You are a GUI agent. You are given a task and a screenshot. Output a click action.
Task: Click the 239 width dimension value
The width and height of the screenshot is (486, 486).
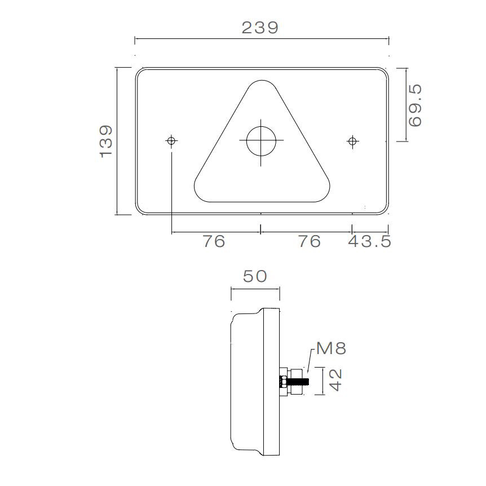(260, 28)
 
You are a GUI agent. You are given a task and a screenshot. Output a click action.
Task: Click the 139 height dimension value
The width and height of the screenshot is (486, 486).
(106, 141)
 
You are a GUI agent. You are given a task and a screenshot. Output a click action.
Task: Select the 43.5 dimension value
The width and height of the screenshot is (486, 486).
(369, 241)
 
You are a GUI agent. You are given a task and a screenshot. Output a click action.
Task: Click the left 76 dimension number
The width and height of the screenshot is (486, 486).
(214, 241)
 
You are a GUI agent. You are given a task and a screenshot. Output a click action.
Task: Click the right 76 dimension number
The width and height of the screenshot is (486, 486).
(310, 241)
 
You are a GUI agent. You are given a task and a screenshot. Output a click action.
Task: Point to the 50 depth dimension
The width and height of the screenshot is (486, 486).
(254, 276)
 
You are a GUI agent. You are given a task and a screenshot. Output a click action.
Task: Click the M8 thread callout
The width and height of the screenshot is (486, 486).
(330, 348)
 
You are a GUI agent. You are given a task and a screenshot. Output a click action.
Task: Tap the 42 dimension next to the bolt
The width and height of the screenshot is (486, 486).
(336, 381)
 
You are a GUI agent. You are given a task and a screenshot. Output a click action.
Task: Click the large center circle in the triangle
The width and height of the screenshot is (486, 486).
(261, 140)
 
